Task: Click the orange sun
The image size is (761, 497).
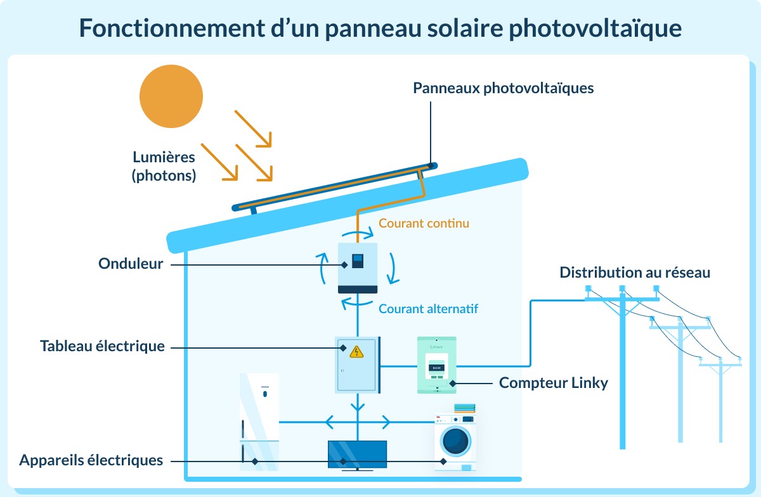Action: tap(171, 96)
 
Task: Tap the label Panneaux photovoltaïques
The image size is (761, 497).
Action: tap(503, 88)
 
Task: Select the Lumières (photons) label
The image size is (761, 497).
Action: tap(164, 166)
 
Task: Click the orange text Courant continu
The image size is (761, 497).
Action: tap(424, 223)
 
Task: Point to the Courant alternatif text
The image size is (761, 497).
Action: tap(428, 309)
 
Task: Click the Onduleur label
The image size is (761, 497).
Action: tap(131, 264)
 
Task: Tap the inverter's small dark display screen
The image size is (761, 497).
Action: tap(358, 259)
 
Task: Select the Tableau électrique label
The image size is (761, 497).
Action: tap(102, 346)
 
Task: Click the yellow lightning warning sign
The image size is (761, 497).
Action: tap(356, 351)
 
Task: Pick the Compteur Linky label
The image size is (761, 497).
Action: tap(554, 383)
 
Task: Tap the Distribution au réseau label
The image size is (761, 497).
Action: tap(635, 273)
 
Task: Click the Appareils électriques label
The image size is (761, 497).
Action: tap(91, 460)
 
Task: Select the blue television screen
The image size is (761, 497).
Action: tap(357, 454)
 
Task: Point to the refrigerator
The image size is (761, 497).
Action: tap(259, 421)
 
